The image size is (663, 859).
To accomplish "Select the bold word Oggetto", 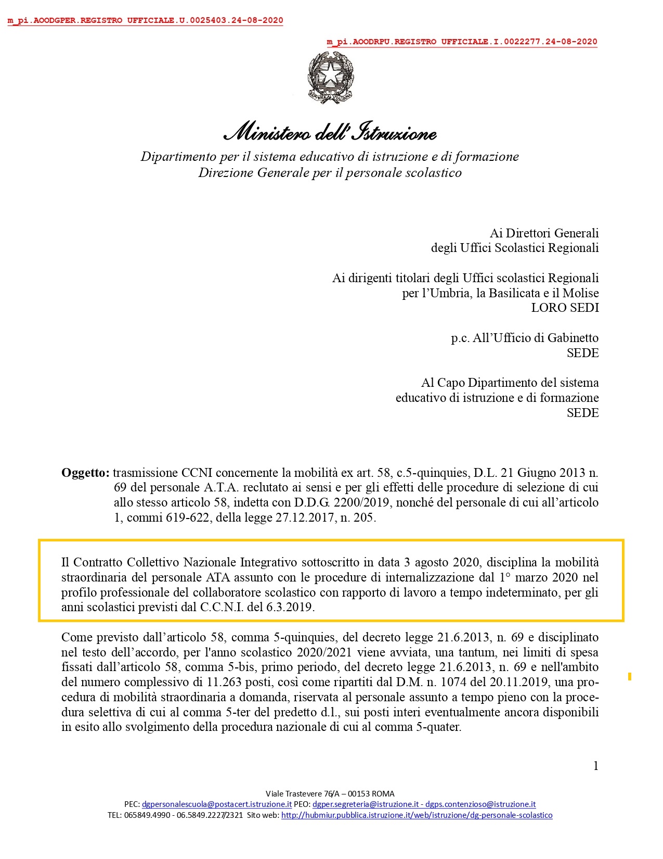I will coord(85,473).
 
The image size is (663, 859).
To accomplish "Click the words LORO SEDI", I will coord(565,308).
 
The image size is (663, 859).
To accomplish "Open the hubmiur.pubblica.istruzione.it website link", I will coord(417,815).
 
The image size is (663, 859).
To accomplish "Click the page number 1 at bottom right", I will coord(595,765).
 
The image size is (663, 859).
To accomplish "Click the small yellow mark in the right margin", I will coord(630,676).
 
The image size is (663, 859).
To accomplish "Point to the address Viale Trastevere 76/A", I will coord(302,794).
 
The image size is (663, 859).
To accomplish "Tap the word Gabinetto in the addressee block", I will coord(573,338).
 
